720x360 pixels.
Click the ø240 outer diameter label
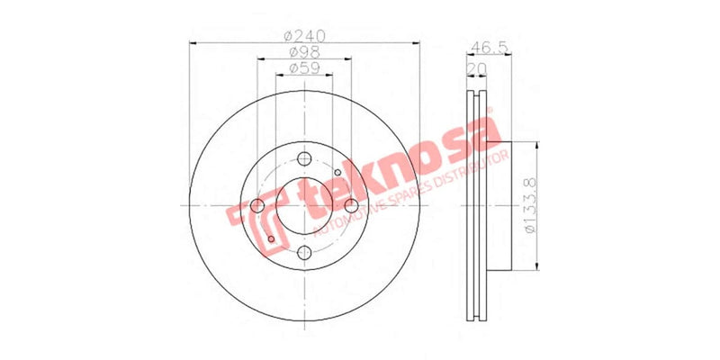coord(304,37)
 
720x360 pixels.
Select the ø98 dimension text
coord(304,53)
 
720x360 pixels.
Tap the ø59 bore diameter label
coord(304,68)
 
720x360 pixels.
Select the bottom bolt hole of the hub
coord(304,253)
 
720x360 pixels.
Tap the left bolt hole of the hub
coord(257,206)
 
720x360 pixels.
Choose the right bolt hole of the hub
coord(351,206)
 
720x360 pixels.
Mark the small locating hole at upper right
coord(337,173)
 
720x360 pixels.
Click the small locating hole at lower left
coord(271,239)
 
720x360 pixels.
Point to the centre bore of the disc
coord(304,206)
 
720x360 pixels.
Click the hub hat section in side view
coord(499,205)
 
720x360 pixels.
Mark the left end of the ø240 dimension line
coord(192,43)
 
